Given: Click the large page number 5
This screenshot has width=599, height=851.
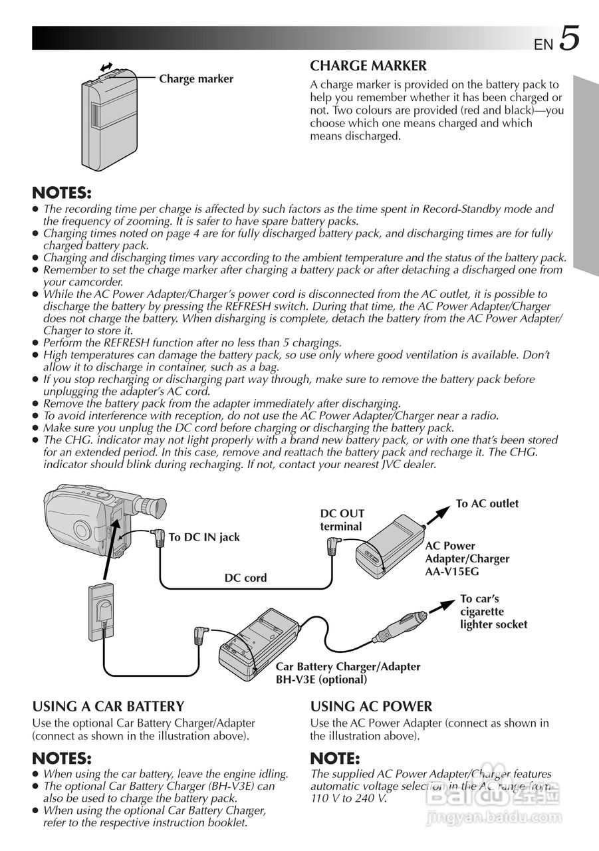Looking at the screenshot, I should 569,39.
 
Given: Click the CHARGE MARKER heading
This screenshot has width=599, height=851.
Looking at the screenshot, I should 368,66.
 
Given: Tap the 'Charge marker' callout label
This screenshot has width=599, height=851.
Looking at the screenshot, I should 196,79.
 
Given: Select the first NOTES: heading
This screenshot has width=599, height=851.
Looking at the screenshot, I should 62,193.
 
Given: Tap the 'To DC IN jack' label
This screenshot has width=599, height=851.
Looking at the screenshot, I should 204,537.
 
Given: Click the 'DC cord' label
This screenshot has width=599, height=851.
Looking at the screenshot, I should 245,578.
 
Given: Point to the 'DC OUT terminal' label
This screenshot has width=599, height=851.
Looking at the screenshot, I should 342,520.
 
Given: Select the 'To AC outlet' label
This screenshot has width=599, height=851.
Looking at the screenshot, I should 487,504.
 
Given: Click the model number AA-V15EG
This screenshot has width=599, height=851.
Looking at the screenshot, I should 452,572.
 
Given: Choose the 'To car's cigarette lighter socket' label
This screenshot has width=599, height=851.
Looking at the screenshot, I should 493,612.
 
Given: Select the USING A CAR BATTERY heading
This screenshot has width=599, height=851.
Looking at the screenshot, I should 108,706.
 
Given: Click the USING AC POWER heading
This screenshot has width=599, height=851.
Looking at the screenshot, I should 371,706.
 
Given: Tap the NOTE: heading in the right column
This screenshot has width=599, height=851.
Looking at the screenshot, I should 335,759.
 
